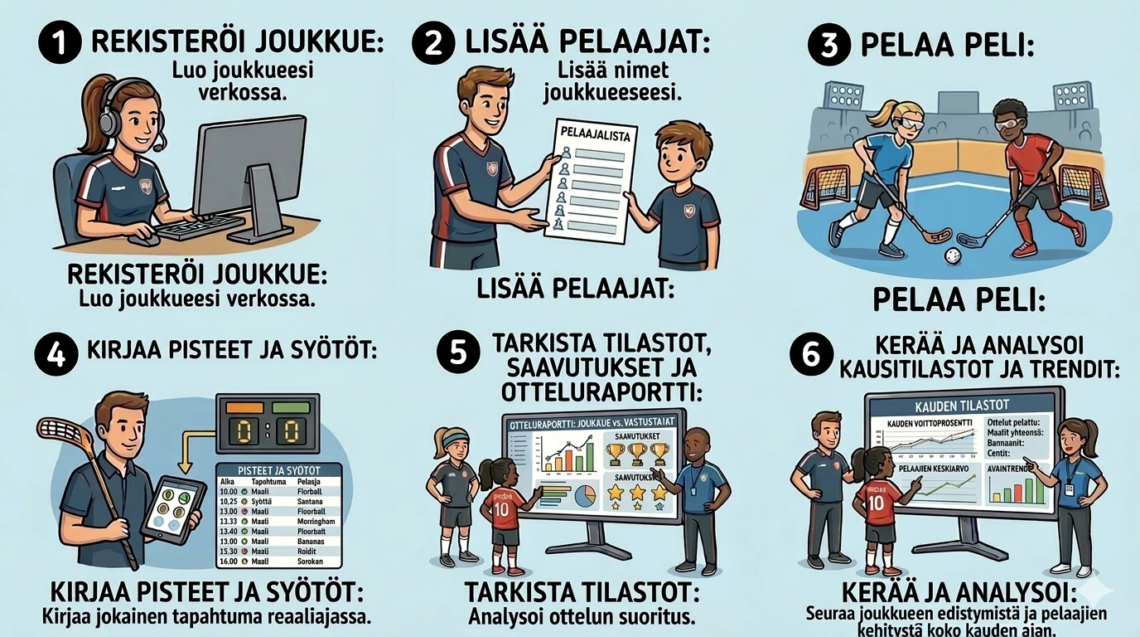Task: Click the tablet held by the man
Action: [172, 507]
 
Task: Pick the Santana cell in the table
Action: [312, 502]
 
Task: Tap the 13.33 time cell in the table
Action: [229, 522]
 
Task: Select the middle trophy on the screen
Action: [637, 454]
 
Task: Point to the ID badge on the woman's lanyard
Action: [1069, 489]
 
